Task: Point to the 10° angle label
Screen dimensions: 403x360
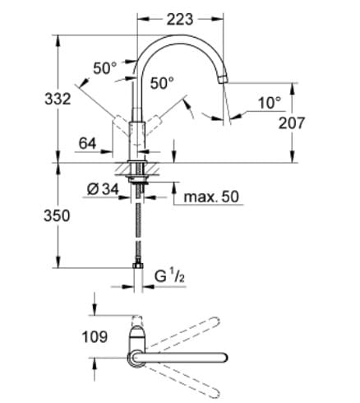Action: (268, 103)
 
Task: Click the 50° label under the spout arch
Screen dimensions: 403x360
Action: (162, 82)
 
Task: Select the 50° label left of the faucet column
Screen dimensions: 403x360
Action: (104, 69)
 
